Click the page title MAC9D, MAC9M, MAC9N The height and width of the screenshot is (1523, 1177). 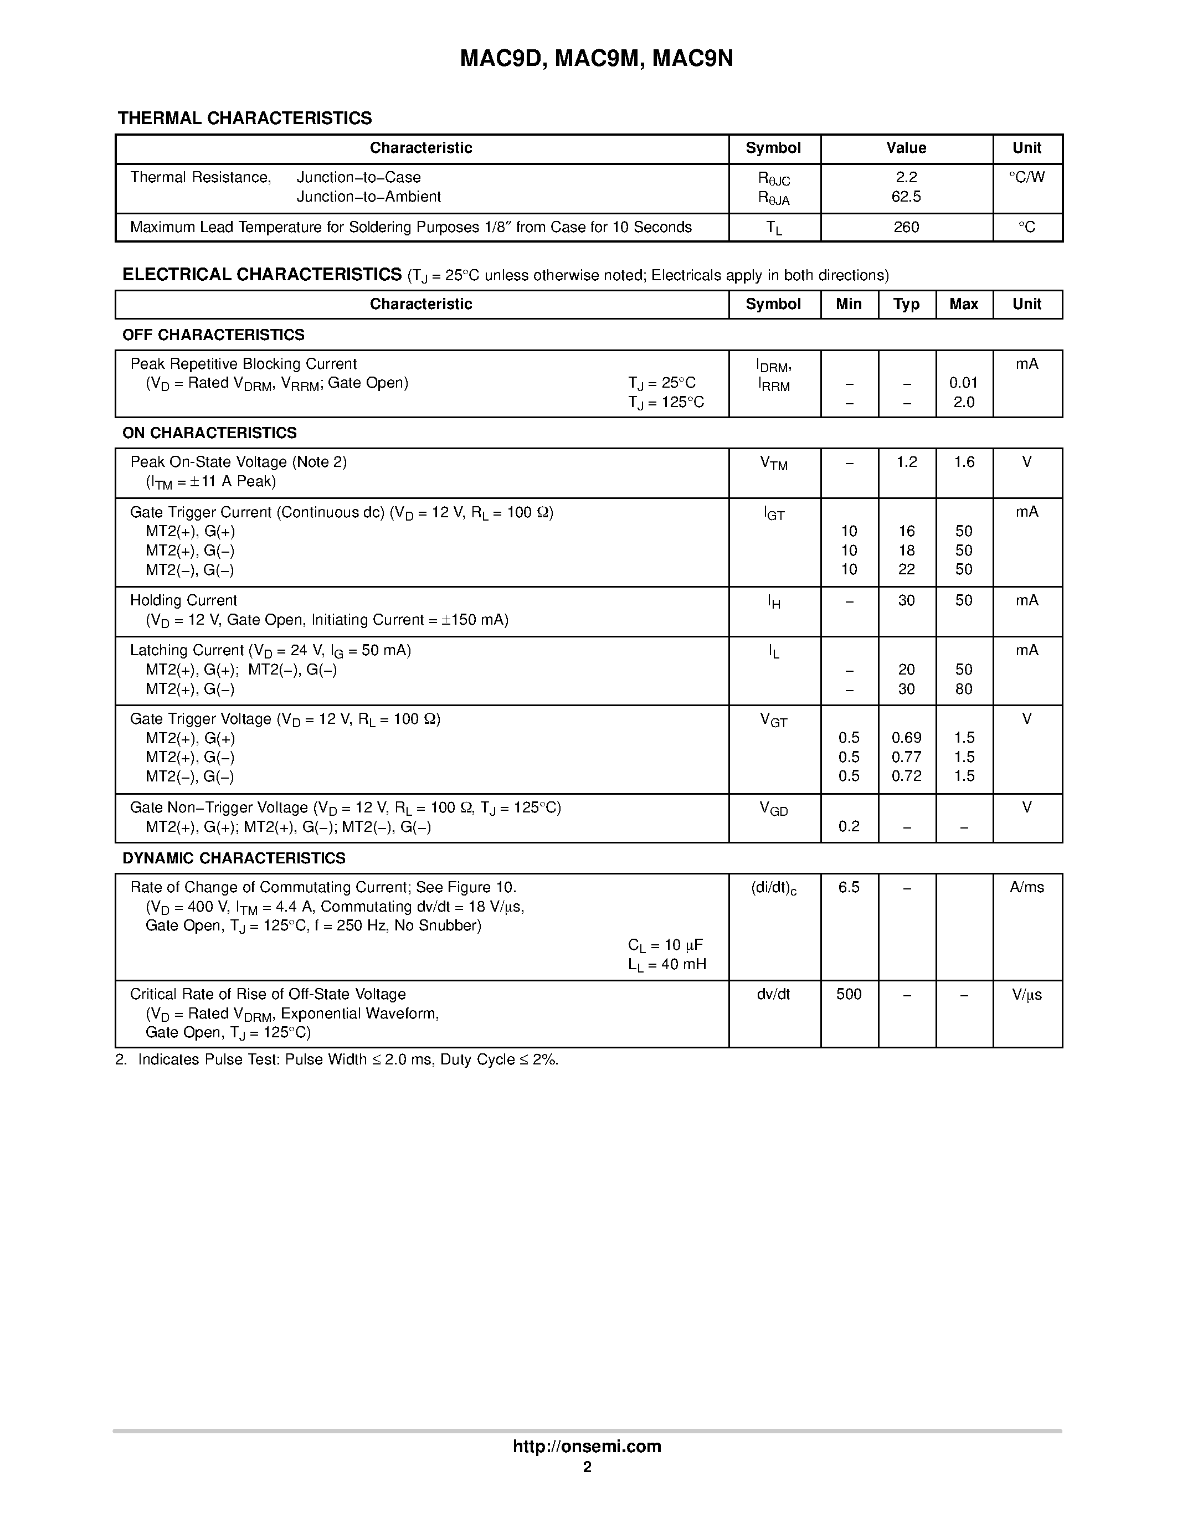coord(596,59)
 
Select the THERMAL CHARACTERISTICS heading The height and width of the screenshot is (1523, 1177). coord(245,118)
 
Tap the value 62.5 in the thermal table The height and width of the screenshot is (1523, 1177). coord(906,197)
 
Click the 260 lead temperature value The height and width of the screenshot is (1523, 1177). coord(906,227)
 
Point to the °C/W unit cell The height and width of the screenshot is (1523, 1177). coord(1026,177)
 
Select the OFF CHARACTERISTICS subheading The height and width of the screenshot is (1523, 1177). coord(213,335)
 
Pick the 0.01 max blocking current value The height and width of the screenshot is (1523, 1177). coord(963,383)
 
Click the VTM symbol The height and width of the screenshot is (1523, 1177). coord(773,463)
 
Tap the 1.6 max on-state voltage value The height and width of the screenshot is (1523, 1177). coord(964,462)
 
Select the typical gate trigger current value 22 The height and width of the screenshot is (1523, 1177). coord(906,569)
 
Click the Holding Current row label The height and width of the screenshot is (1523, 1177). coord(183,600)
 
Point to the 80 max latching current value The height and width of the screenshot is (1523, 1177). coord(964,689)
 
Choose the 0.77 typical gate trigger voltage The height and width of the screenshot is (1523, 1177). coord(906,757)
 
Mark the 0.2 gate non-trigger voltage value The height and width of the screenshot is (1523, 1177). coord(849,826)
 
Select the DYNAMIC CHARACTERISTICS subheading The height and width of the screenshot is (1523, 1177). coord(234,858)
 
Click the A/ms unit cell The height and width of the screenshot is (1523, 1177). coord(1026,887)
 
